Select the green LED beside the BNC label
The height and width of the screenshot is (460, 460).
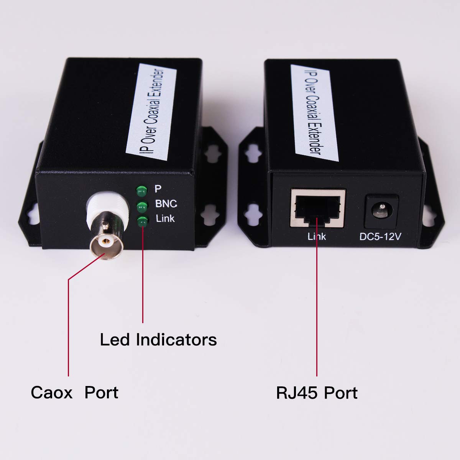click(142, 206)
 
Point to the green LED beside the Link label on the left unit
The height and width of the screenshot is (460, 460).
click(142, 221)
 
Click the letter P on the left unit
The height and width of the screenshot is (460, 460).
click(158, 189)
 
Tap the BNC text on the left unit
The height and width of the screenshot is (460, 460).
click(166, 204)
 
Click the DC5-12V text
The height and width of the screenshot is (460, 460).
click(380, 237)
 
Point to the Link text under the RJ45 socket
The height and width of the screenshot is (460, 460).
click(317, 237)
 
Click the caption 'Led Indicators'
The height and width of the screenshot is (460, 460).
click(158, 340)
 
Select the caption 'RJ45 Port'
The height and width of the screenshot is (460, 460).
click(317, 393)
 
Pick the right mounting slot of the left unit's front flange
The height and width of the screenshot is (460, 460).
click(210, 212)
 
